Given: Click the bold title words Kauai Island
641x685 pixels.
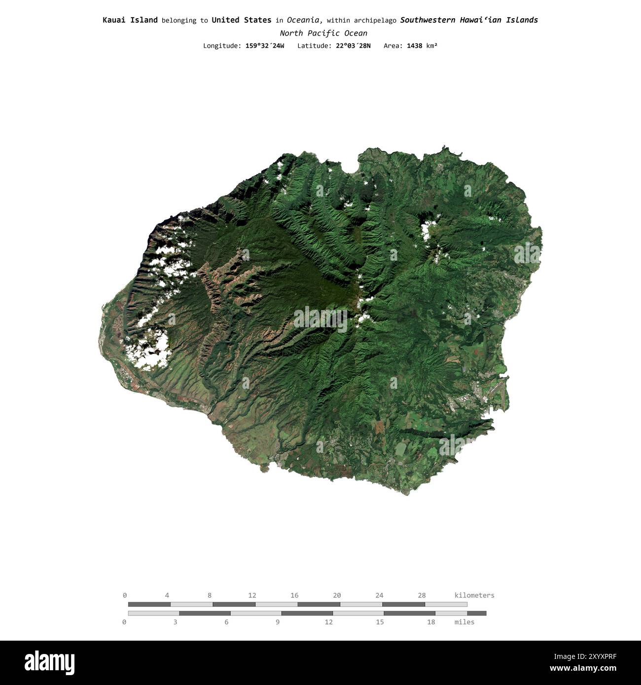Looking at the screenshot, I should pos(130,20).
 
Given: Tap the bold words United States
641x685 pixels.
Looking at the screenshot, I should pos(241,20).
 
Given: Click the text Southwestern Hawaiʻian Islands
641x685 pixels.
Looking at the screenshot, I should pos(469,20).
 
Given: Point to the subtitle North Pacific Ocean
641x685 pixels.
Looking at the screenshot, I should pos(323,34).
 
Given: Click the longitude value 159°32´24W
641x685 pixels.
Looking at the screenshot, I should pos(265,46).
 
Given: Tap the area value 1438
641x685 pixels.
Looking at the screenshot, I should pos(414,46).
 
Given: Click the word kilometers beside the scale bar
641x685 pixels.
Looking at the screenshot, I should pos(474,595).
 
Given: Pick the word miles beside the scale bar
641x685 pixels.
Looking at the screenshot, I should pos(464,622).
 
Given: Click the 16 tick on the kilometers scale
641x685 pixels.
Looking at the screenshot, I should pos(294,595).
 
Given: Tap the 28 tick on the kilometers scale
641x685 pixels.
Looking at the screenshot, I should pos(422,595).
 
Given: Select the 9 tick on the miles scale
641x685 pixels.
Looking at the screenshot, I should pos(278,622).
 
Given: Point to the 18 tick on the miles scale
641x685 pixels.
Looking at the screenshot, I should pos(431,622).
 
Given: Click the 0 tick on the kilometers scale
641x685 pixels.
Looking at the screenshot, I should pos(125,595).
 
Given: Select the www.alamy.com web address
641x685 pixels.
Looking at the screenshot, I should pos(583,669).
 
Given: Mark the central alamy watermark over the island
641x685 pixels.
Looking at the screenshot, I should pos(320,319).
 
